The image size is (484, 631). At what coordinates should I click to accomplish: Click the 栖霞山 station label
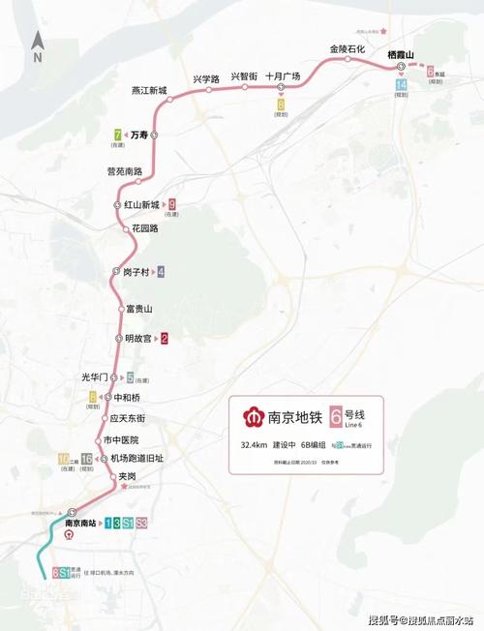click(400, 54)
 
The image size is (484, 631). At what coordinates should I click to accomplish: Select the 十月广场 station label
click(283, 76)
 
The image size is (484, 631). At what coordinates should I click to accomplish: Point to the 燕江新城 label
click(149, 91)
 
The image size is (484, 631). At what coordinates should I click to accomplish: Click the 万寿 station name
click(138, 135)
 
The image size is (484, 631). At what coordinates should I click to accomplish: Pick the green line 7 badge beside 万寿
click(117, 135)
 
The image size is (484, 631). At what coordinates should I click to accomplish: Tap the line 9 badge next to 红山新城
click(171, 204)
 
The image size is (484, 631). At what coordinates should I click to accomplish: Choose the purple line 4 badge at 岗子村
click(161, 272)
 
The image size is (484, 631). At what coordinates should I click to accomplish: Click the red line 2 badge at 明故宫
click(165, 339)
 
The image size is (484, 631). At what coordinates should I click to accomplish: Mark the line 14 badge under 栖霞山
click(401, 85)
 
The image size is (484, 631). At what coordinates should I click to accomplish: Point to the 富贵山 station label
click(139, 309)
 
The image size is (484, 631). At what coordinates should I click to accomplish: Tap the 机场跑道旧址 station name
click(136, 458)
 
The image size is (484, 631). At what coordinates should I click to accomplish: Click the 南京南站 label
click(81, 523)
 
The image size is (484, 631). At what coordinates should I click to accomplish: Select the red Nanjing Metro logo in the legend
click(254, 417)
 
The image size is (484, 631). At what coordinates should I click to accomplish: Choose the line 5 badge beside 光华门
click(130, 377)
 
